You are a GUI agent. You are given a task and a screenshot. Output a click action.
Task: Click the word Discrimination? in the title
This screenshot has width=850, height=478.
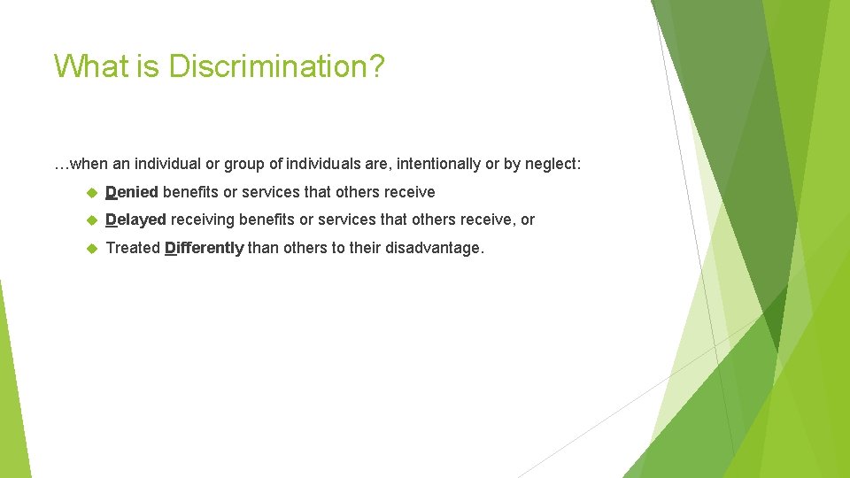[x=276, y=66]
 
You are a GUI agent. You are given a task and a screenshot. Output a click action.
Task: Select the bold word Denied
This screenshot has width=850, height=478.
[x=132, y=192]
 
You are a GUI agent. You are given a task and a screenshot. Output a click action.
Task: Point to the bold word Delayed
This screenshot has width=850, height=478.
[x=135, y=220]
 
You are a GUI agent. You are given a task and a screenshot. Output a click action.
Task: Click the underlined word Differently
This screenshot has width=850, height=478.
[x=204, y=248]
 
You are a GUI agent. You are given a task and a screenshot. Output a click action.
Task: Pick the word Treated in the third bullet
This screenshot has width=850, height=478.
[x=133, y=248]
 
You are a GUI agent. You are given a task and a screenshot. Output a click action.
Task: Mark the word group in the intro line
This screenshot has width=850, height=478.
[x=244, y=164]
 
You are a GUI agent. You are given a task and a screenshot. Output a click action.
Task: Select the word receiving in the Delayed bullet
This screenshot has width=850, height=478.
[x=203, y=220]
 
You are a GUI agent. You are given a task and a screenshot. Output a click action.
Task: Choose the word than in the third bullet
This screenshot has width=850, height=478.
[x=262, y=248]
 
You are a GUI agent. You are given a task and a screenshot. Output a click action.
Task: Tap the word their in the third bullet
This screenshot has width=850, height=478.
[x=364, y=248]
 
